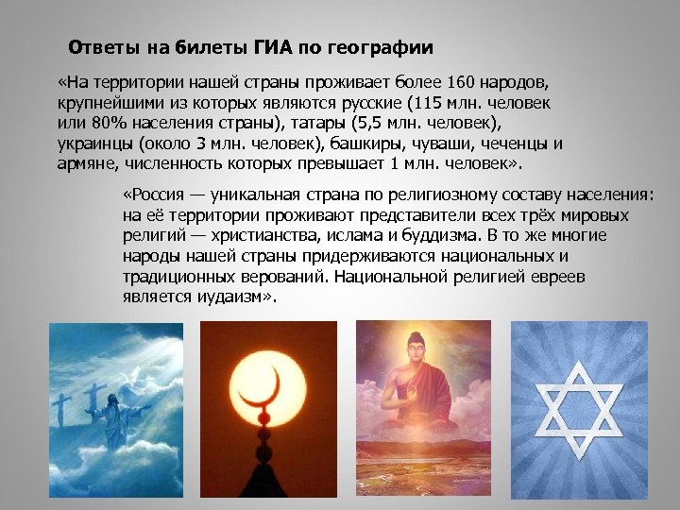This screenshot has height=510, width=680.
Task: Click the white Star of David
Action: pos(579,407)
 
